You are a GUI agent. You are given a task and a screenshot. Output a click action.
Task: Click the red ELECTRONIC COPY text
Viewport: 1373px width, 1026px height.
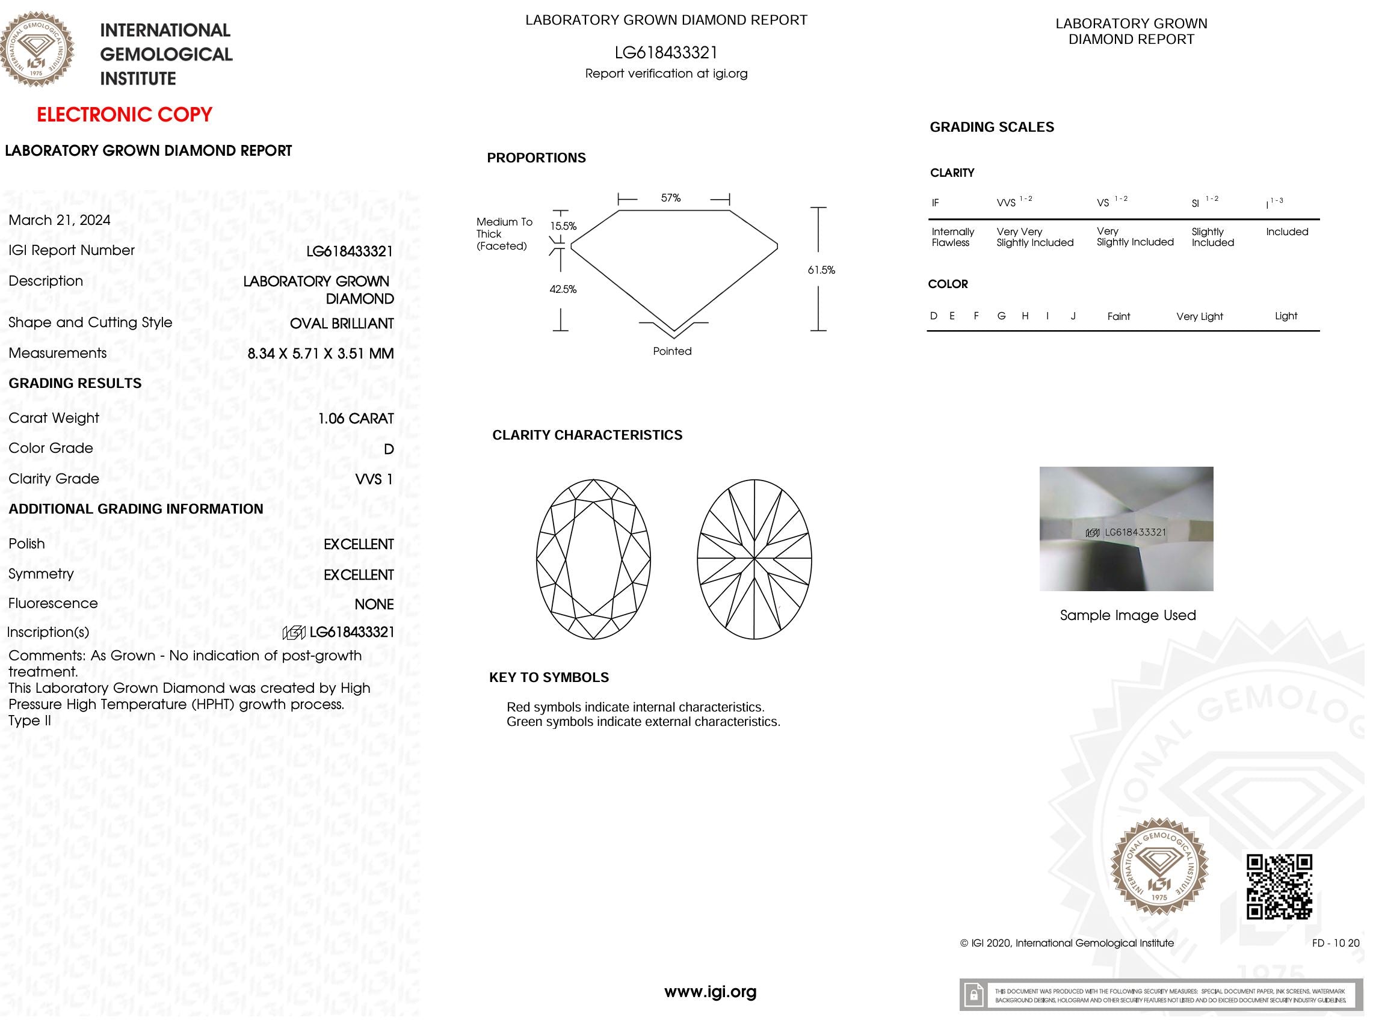[124, 115]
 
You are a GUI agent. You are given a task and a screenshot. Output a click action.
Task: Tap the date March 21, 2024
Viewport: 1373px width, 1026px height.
[60, 220]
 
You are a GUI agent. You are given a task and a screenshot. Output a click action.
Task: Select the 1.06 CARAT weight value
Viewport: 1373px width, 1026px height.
[356, 419]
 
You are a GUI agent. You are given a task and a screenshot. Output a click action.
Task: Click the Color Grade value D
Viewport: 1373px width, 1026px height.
[389, 449]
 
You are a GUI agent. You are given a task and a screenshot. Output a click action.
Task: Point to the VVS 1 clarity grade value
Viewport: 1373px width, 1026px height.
[374, 479]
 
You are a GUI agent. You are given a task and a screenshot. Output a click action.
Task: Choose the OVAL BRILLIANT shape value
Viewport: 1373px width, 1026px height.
[341, 323]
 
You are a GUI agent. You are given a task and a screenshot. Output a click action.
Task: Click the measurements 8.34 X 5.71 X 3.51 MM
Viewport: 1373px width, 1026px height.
[320, 354]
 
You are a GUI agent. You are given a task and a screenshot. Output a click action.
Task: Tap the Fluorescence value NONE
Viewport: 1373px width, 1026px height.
[374, 604]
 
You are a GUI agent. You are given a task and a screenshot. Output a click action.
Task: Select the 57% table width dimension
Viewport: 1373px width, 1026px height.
[670, 198]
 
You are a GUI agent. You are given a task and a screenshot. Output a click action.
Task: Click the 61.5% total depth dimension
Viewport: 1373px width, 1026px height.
[821, 270]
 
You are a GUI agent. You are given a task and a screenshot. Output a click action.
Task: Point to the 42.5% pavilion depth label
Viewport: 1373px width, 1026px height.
[563, 289]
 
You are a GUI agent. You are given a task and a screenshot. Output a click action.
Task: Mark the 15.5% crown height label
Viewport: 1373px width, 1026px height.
[564, 226]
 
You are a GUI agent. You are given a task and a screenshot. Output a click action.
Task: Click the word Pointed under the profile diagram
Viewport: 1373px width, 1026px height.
[671, 351]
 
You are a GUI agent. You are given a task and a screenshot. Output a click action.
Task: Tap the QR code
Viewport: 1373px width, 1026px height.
[1279, 886]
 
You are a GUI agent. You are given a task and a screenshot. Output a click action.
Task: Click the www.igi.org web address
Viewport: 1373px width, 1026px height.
[710, 992]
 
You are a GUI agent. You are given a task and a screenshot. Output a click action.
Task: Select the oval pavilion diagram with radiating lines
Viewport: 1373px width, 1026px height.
[754, 559]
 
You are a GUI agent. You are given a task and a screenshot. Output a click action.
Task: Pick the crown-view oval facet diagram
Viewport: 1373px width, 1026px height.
[593, 559]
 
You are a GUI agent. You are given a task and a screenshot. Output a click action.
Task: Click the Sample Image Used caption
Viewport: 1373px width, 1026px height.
[1127, 615]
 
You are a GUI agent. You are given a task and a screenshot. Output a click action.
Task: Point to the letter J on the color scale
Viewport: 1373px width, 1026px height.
[1073, 316]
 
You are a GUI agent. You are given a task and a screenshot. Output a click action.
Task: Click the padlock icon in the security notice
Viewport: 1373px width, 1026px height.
[974, 995]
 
